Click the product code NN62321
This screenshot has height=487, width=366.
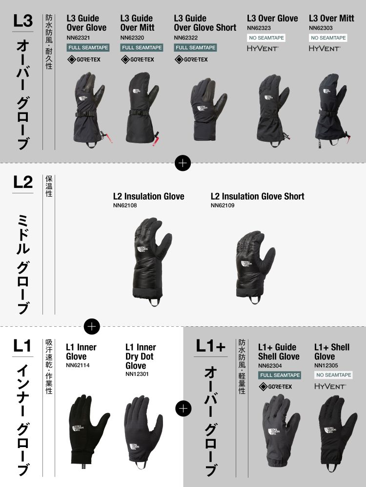coord(78,38)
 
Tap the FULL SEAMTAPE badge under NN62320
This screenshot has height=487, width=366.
coord(142,48)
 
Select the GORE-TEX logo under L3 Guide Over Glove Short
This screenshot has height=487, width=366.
coord(191,59)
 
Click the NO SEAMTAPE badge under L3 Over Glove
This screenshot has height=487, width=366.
coord(266,38)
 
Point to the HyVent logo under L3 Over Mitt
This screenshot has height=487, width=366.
coord(325,48)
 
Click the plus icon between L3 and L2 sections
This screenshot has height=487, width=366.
coord(183,163)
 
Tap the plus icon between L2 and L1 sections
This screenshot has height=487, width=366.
coord(92,326)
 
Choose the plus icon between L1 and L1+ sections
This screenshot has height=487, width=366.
coord(183,409)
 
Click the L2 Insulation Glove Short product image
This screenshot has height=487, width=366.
coord(255,267)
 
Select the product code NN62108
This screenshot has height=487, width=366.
coord(125,206)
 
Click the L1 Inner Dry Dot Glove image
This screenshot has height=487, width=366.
coord(143,432)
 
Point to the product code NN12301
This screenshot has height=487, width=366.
coord(137,374)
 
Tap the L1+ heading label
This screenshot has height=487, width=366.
coord(210,346)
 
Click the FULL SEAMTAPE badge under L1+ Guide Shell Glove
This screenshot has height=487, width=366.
coord(280,375)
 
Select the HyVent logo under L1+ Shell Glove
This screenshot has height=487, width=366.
coord(330,386)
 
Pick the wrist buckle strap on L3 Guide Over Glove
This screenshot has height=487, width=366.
coord(84,114)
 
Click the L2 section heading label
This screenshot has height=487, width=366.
coord(23,182)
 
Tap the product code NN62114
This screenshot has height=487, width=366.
coord(78,365)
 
